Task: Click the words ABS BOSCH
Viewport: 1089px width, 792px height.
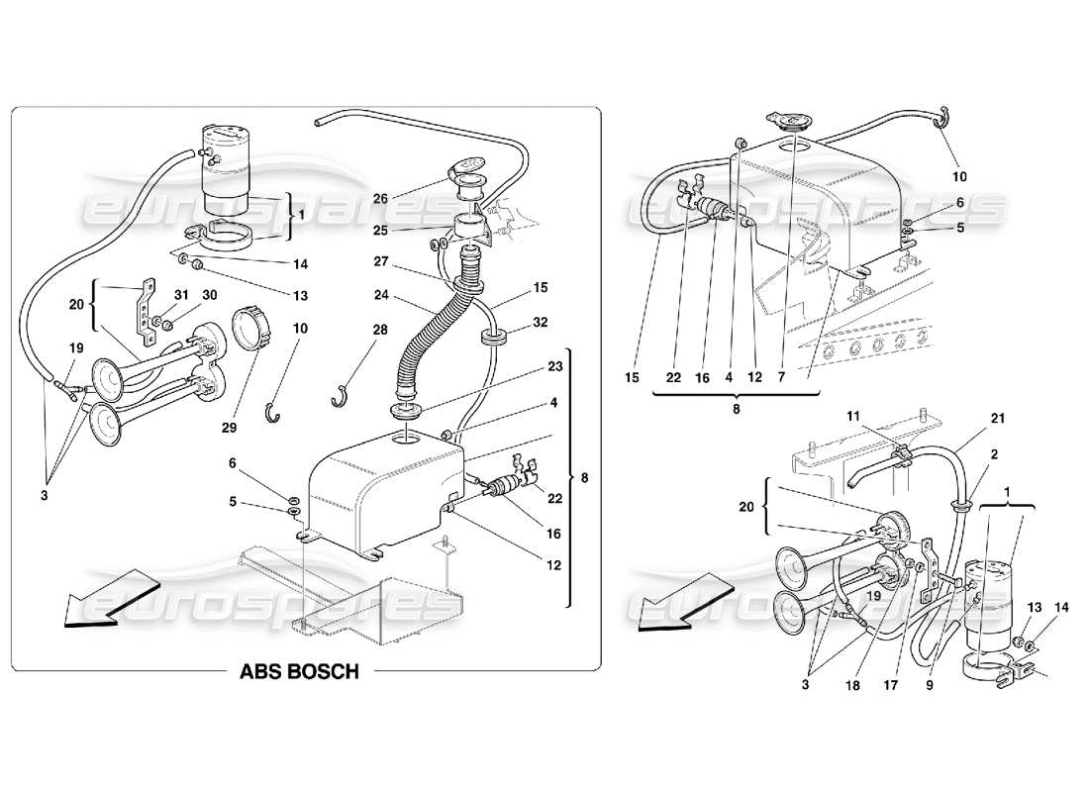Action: click(x=298, y=671)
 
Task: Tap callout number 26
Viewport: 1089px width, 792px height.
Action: click(x=381, y=197)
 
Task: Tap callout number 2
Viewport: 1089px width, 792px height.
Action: click(x=993, y=453)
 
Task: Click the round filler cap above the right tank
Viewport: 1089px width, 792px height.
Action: click(x=792, y=125)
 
